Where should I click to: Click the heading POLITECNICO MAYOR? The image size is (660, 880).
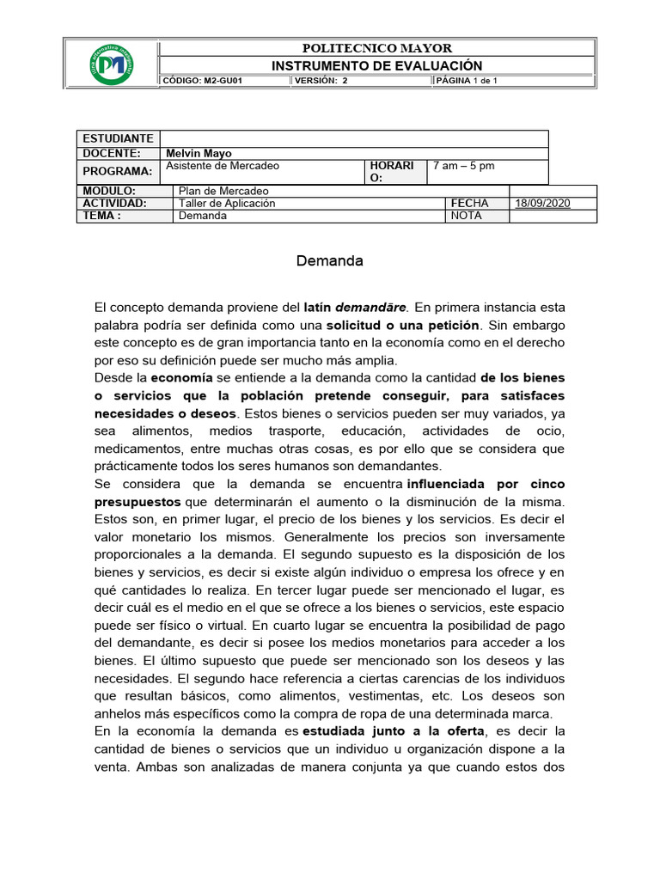[376, 48]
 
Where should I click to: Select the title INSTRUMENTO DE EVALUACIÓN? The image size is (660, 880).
[376, 65]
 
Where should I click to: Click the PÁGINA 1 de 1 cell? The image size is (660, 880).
[467, 81]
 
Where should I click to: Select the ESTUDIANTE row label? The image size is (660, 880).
[118, 139]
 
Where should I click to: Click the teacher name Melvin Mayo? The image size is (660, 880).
[199, 153]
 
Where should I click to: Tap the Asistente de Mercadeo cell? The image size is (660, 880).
[222, 166]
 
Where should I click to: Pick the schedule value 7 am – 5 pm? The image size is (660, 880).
[464, 166]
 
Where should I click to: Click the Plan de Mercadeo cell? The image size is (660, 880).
[223, 191]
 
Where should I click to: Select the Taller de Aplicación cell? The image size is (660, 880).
[227, 204]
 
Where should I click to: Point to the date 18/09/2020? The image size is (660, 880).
[542, 204]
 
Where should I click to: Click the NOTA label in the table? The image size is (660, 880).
[466, 217]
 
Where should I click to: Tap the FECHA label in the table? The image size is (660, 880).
[469, 204]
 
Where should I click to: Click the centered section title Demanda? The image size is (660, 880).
[330, 261]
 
